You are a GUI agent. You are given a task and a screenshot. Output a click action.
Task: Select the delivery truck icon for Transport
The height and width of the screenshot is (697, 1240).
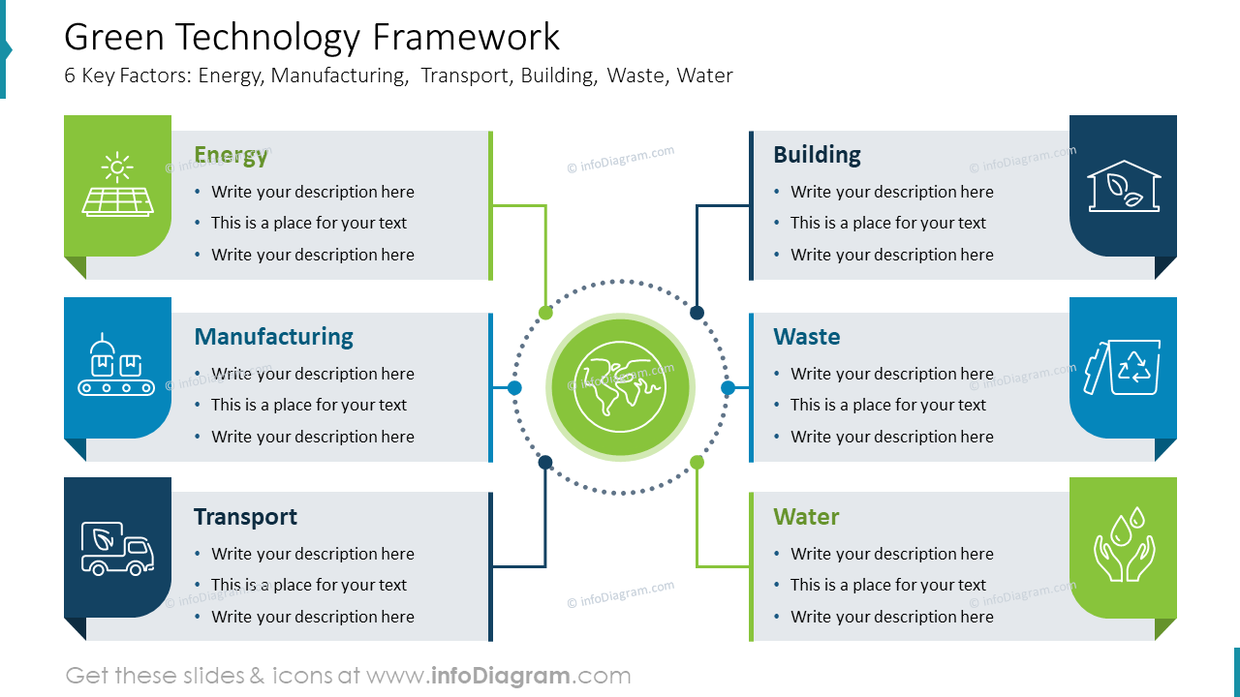(x=117, y=549)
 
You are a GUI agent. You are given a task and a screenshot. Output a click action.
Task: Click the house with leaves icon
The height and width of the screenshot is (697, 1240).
(x=1124, y=186)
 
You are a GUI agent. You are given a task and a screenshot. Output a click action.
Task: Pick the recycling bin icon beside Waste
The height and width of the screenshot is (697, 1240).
(x=1124, y=367)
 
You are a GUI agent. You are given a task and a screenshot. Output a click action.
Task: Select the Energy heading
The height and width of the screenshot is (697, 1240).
(x=231, y=155)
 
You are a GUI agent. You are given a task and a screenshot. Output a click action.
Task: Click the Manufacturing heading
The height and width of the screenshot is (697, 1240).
(x=273, y=337)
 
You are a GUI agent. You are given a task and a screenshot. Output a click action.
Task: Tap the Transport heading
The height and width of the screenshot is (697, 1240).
(x=245, y=517)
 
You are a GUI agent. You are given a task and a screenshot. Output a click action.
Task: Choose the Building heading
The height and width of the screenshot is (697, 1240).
(x=817, y=155)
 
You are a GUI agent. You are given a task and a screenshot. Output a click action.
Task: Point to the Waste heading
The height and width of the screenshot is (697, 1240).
(x=806, y=337)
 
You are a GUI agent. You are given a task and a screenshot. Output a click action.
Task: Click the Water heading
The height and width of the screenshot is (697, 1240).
(x=806, y=517)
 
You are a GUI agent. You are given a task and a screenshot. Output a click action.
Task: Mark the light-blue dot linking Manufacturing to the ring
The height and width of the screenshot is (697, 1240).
(x=514, y=388)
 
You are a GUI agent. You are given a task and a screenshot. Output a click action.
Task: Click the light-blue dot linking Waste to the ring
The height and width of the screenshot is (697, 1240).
(x=728, y=388)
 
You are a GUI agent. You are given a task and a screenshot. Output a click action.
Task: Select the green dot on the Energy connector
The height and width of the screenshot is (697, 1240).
(x=545, y=313)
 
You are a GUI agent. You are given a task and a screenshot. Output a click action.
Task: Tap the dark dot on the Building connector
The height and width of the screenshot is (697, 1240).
(x=697, y=313)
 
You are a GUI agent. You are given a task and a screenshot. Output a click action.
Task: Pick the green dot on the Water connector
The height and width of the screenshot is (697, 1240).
(x=697, y=463)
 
